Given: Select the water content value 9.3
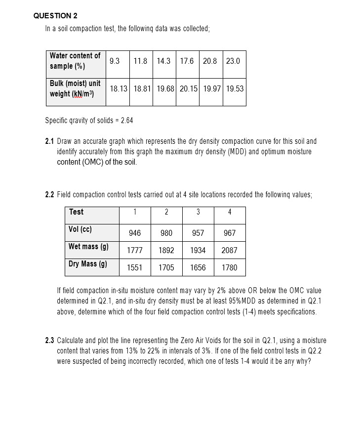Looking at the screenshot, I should click(114, 61).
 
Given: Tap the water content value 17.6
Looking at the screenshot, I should click(187, 61).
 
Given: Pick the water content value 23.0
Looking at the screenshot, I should click(233, 61).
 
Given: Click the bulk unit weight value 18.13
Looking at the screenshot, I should click(119, 89).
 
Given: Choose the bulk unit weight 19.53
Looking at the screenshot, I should click(235, 89).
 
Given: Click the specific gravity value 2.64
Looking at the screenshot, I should click(126, 120).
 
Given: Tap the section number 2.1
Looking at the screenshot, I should click(50, 141).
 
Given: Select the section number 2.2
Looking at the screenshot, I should click(50, 194).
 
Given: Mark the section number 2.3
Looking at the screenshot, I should click(50, 341).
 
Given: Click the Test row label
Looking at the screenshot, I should click(76, 212).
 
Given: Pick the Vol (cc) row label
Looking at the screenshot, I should click(80, 229).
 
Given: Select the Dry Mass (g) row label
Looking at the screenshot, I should click(88, 264).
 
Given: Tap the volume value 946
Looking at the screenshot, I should click(135, 233).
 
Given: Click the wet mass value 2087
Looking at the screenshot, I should click(229, 250).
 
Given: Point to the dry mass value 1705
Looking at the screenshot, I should click(166, 267).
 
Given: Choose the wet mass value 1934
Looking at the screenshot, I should click(198, 250).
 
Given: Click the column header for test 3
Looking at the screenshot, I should click(198, 212).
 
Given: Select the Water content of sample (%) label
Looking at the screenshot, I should click(75, 61).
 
